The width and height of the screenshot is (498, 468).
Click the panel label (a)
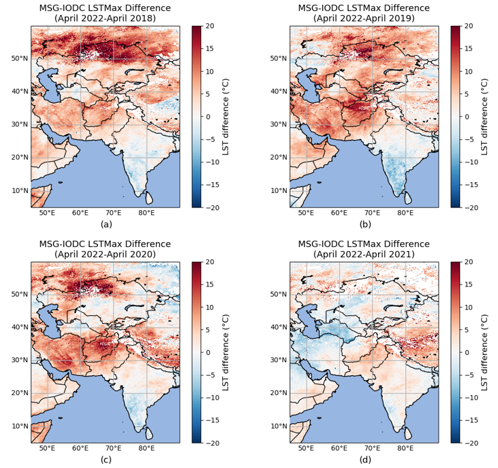pos(106,224)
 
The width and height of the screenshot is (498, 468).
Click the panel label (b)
pos(365,224)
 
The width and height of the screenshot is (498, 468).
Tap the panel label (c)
pos(106,460)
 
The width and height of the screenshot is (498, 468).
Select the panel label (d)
pos(365,460)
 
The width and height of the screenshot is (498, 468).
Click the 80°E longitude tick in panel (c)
pos(146,448)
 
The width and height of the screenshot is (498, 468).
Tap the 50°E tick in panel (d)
pos(307,448)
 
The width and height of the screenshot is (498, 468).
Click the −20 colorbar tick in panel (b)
pos(471,207)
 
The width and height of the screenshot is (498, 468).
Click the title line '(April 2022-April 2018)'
pos(106,18)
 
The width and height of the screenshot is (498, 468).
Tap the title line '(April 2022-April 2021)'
pos(364,254)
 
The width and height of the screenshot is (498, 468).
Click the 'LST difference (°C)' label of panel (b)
pos(485,117)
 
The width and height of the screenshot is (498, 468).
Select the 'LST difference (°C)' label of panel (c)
pos(226,353)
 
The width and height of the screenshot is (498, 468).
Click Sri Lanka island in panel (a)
pos(149,199)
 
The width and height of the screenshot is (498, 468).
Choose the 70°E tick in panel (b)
pos(373,212)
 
